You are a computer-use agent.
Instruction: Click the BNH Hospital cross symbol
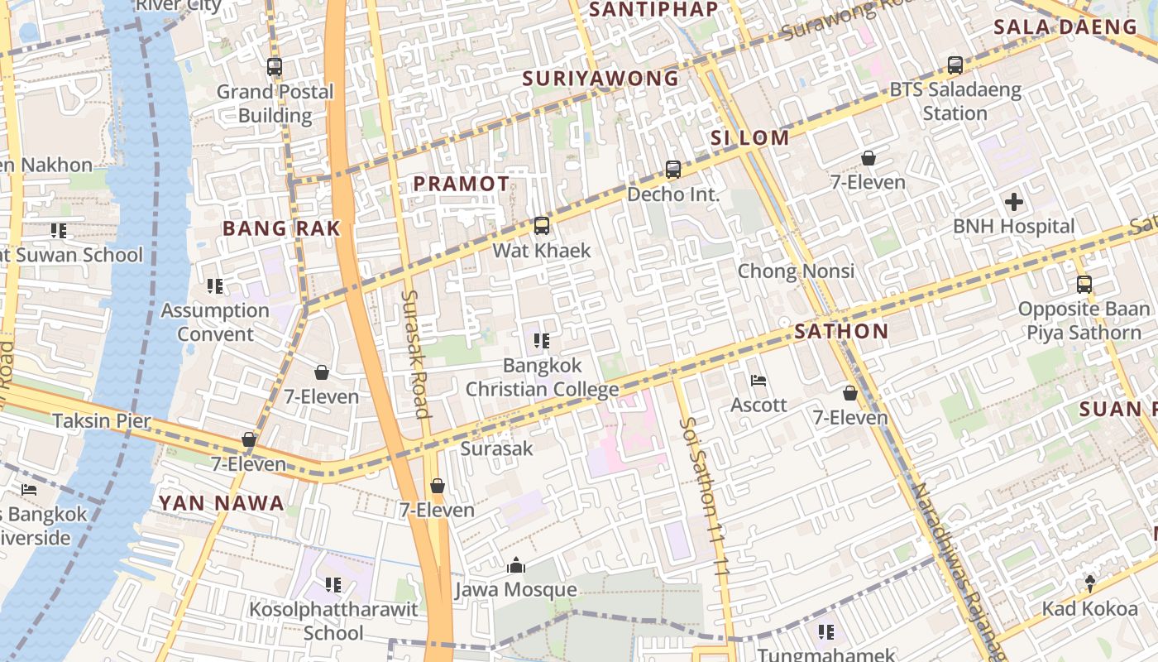(x=1013, y=202)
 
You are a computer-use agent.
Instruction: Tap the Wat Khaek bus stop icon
(x=542, y=226)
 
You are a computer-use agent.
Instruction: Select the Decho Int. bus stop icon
(x=673, y=170)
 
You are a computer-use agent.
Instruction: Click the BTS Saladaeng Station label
(x=955, y=101)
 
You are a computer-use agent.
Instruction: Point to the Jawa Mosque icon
(x=516, y=565)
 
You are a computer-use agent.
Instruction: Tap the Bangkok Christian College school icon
(x=542, y=341)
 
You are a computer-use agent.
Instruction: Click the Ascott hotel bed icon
(x=758, y=381)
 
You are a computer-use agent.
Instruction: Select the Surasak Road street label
(x=415, y=353)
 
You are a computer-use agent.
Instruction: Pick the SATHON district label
(x=841, y=332)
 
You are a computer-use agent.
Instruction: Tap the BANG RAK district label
(x=281, y=229)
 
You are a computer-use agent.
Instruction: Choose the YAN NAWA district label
(x=221, y=503)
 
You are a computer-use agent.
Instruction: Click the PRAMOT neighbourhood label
(x=462, y=184)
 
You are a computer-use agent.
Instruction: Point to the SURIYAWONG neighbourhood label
(x=601, y=79)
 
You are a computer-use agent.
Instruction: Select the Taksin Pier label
(x=102, y=420)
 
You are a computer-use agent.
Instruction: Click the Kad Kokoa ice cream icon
(x=1090, y=583)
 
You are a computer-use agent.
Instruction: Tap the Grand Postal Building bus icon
(x=275, y=67)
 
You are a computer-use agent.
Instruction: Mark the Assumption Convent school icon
(x=215, y=286)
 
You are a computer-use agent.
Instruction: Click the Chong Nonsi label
(x=796, y=271)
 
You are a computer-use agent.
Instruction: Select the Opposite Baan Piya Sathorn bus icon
(x=1084, y=285)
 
